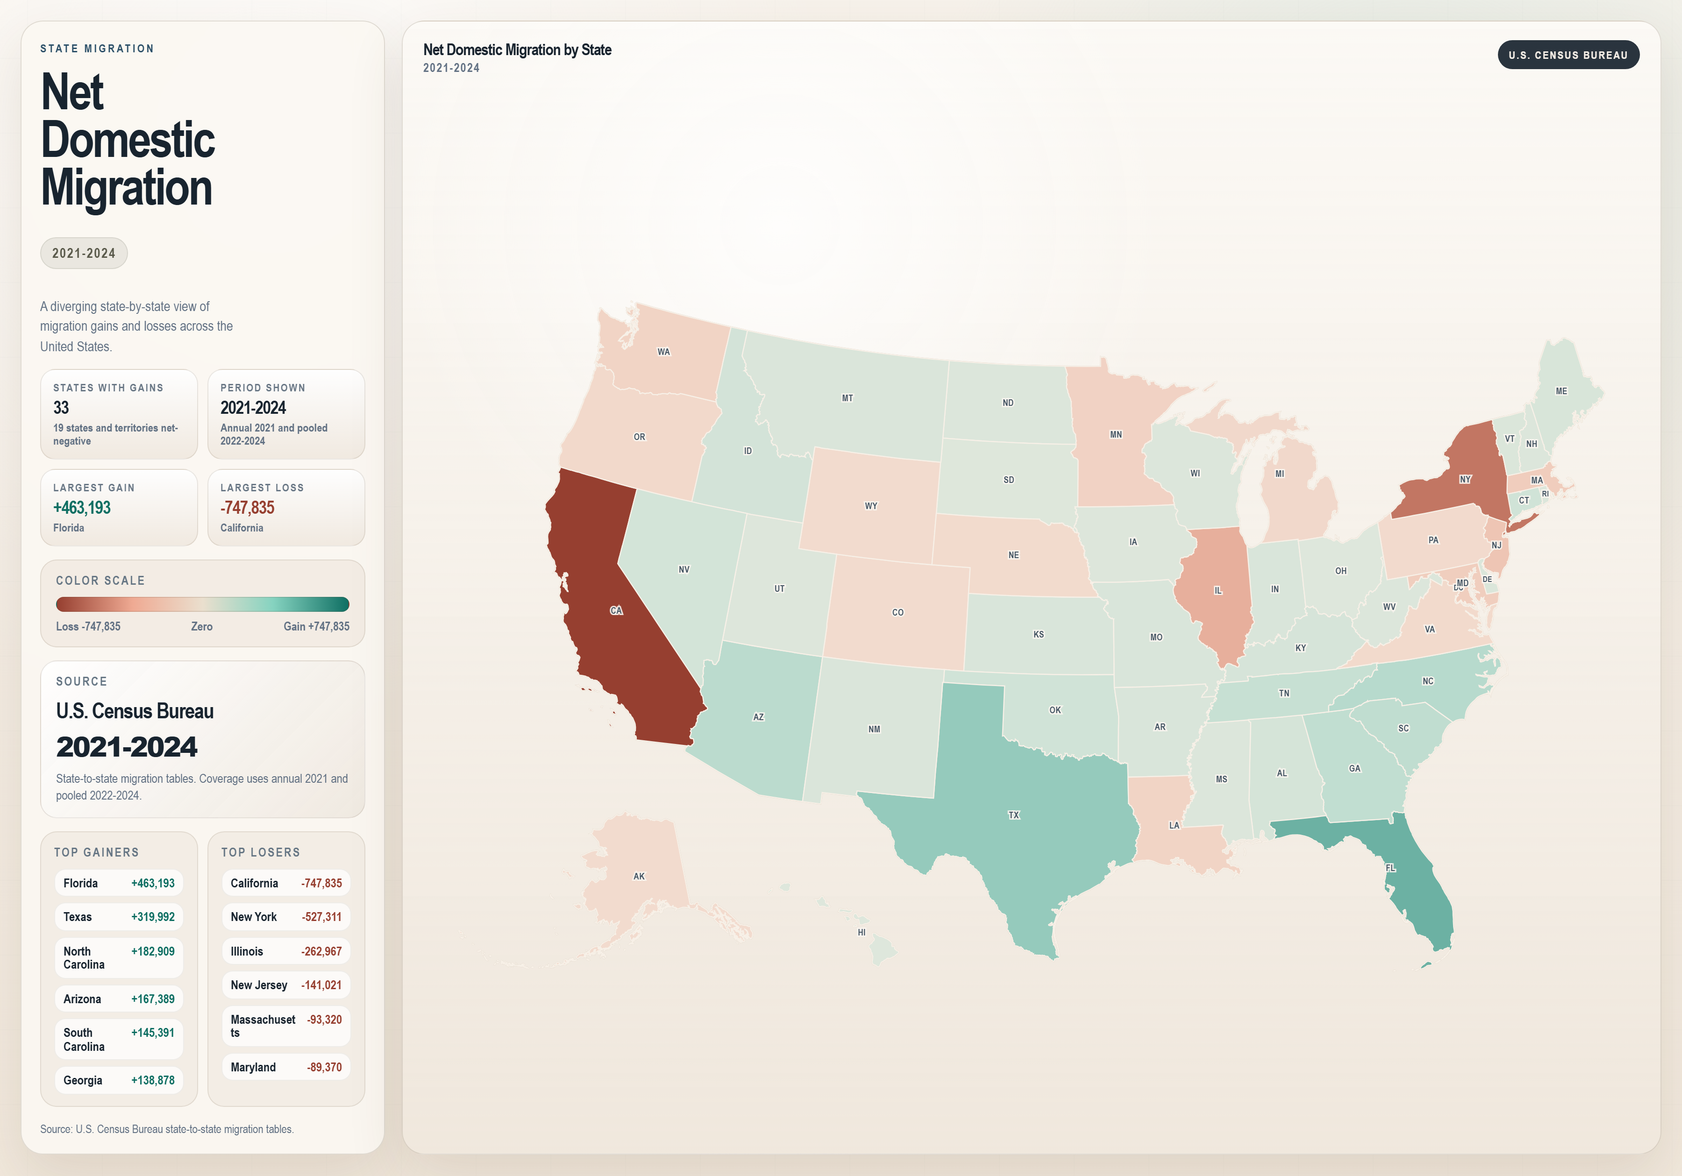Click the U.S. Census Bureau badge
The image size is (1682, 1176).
coord(1568,55)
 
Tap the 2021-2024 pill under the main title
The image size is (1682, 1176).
coord(84,253)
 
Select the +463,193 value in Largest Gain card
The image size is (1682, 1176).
coord(82,508)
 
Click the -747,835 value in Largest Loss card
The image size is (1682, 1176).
coord(248,508)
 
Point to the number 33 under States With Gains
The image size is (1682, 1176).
coord(61,407)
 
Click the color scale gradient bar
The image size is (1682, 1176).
coord(202,604)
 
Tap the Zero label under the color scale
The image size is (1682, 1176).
coord(201,626)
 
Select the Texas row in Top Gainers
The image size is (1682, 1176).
coord(119,917)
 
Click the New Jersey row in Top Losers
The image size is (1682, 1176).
coord(285,985)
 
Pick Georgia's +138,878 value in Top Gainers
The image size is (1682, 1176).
coord(152,1080)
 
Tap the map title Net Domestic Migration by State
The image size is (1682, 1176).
coord(517,50)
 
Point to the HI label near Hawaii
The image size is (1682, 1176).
coord(862,932)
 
